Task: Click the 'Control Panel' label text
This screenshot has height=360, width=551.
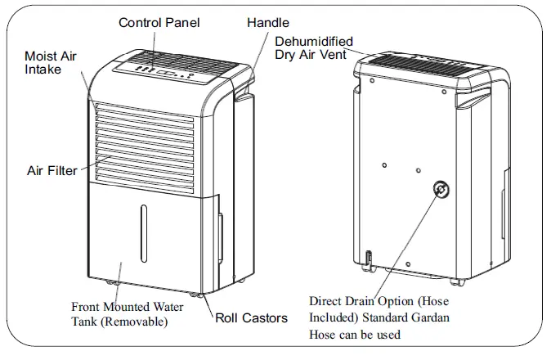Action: (159, 22)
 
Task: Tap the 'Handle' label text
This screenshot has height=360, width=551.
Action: (267, 22)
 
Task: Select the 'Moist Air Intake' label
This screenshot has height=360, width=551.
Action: (52, 63)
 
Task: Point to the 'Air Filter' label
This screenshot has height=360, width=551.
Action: (52, 171)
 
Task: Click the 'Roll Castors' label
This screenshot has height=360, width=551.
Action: (251, 317)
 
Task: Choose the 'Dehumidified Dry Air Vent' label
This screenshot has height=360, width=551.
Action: (314, 47)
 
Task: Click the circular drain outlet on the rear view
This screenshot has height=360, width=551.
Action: (441, 191)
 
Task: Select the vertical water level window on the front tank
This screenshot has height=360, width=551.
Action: (144, 233)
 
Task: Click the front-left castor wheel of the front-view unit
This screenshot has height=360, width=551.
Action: (112, 284)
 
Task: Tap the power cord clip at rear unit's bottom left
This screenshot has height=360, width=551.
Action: (369, 260)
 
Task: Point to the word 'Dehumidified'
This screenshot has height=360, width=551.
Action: (314, 40)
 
